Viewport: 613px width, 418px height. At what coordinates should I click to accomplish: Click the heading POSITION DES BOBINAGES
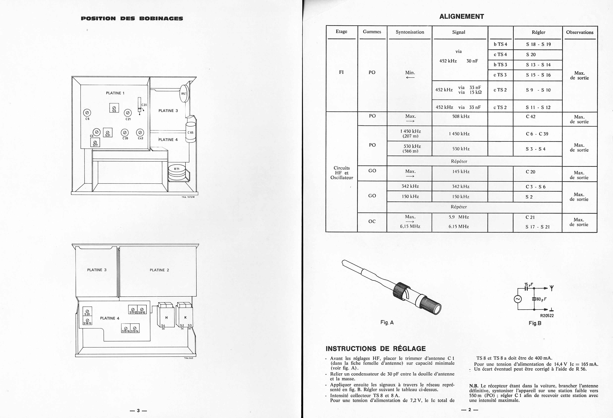point(132,18)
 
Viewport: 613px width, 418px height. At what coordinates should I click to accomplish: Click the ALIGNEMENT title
point(462,17)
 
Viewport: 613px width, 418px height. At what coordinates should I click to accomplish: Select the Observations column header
point(580,32)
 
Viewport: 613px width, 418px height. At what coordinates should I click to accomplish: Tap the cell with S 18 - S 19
point(538,44)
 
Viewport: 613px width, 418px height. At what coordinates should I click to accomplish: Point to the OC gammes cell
point(372,221)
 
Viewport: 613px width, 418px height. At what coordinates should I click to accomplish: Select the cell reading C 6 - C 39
point(537,134)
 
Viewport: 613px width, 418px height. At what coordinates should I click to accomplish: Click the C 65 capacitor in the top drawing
point(191,132)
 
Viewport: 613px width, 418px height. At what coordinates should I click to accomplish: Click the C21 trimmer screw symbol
point(128,113)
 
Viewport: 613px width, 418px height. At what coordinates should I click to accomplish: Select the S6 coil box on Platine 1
point(114,108)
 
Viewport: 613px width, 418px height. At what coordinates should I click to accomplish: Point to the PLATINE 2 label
point(159,270)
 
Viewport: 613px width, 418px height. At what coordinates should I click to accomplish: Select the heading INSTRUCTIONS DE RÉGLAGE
point(376,349)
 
